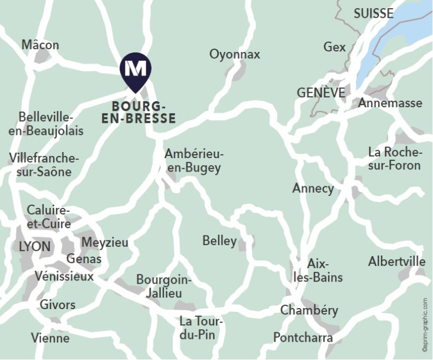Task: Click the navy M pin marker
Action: click(135, 70)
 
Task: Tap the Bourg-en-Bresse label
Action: click(139, 112)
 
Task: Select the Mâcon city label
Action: click(41, 45)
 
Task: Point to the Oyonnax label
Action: click(235, 54)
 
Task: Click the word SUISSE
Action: click(373, 14)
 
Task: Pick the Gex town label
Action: click(334, 47)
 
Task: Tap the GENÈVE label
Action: click(321, 93)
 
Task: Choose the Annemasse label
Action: click(390, 103)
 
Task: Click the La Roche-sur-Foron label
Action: click(395, 158)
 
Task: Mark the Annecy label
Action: click(313, 188)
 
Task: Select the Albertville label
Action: click(397, 261)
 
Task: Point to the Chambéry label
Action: click(309, 310)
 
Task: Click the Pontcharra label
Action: click(303, 338)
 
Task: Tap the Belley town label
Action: click(219, 240)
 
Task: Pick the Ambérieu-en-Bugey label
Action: click(194, 161)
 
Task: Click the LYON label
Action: click(35, 247)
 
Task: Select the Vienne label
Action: click(50, 338)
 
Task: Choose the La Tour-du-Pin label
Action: click(201, 328)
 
